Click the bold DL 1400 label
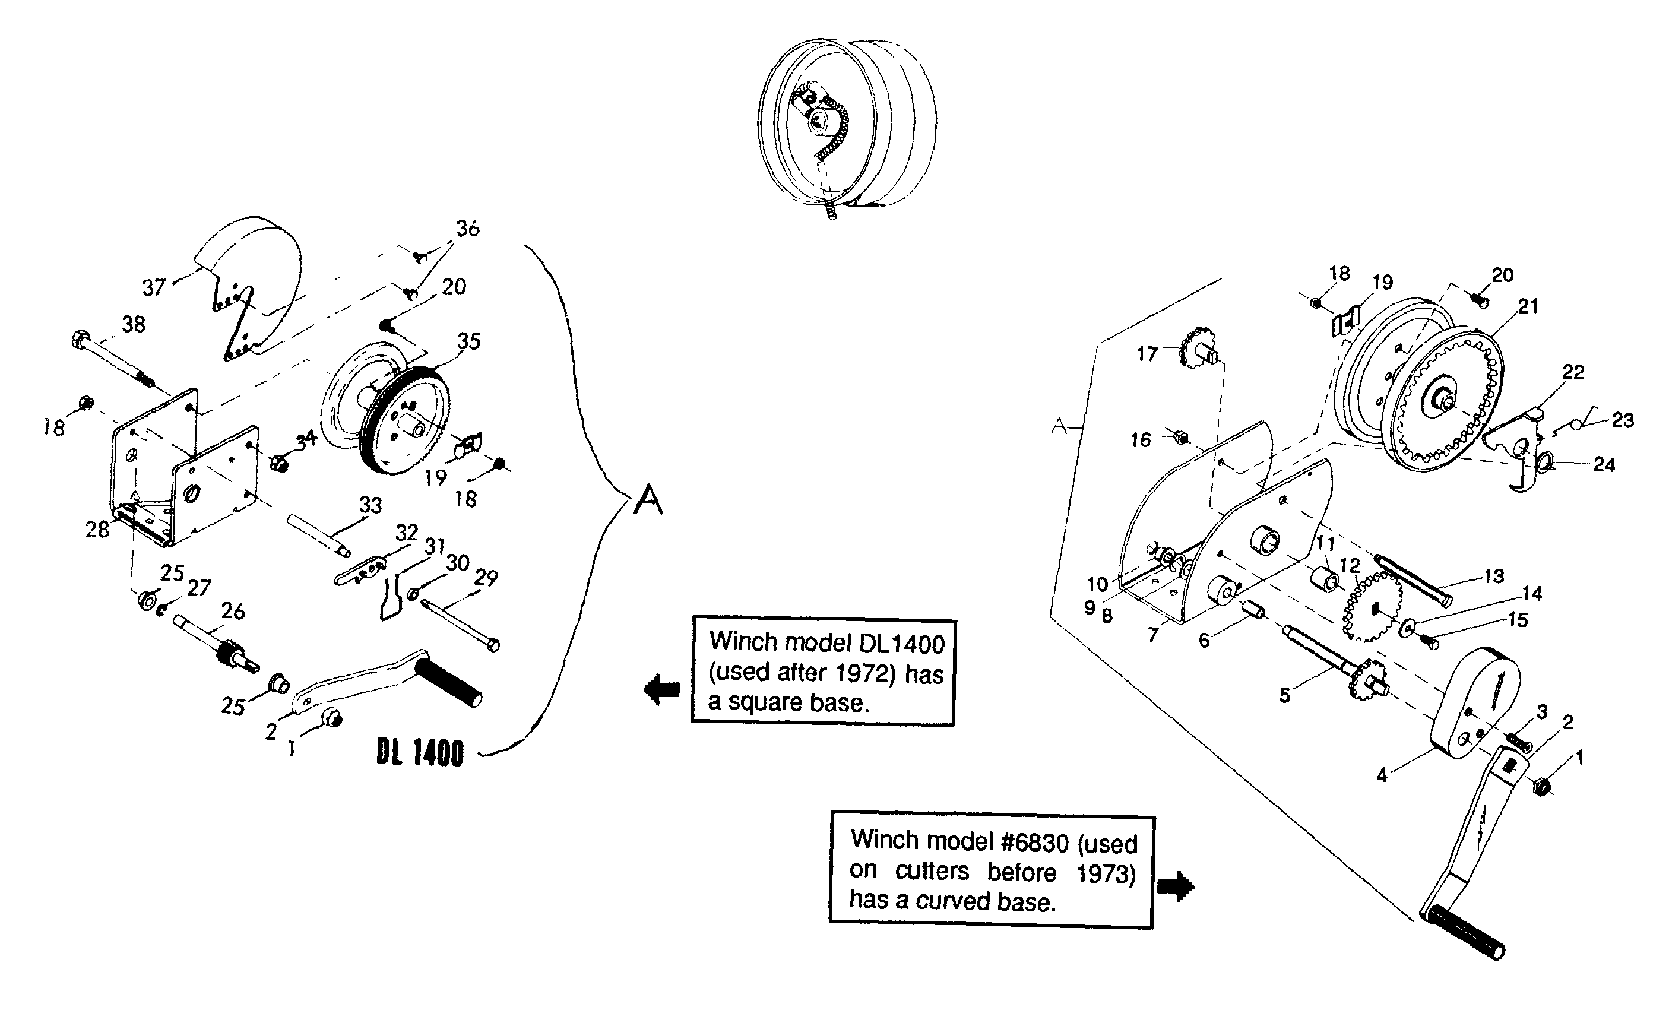point(420,753)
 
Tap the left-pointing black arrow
point(661,690)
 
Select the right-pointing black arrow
point(1175,886)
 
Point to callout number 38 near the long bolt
point(134,324)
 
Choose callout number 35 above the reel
point(469,341)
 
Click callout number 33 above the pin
point(370,505)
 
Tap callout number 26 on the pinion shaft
point(233,612)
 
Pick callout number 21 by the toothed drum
point(1528,307)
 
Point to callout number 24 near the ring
point(1604,465)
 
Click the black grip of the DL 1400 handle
point(450,681)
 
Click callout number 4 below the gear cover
point(1382,774)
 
